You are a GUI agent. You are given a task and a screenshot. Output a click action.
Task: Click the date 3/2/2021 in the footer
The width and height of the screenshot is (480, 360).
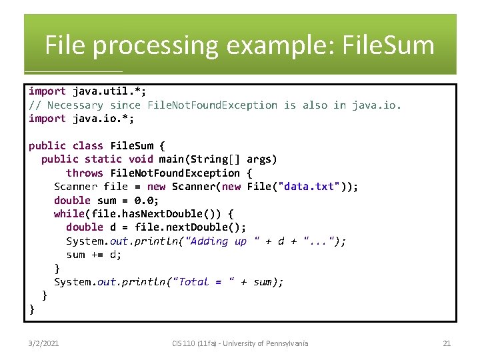pos(43,343)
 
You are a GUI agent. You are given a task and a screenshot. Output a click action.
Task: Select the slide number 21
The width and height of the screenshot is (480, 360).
pos(447,343)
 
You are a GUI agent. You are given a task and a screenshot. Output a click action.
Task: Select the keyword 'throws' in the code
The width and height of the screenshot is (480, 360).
pos(85,173)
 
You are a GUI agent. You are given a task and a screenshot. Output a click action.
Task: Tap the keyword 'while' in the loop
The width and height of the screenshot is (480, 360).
pos(69,214)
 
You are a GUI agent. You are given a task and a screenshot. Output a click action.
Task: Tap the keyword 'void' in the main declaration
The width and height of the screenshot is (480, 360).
pos(141,159)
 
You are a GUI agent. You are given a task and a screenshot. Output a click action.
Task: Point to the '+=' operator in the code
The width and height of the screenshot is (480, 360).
pos(97,255)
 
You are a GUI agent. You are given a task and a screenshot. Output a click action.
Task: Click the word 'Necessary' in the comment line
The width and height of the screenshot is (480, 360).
pos(75,105)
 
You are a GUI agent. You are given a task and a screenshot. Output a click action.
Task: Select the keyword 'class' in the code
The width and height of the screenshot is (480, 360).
pos(88,145)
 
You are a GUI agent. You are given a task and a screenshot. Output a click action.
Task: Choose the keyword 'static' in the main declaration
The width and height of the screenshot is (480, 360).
pos(103,159)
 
